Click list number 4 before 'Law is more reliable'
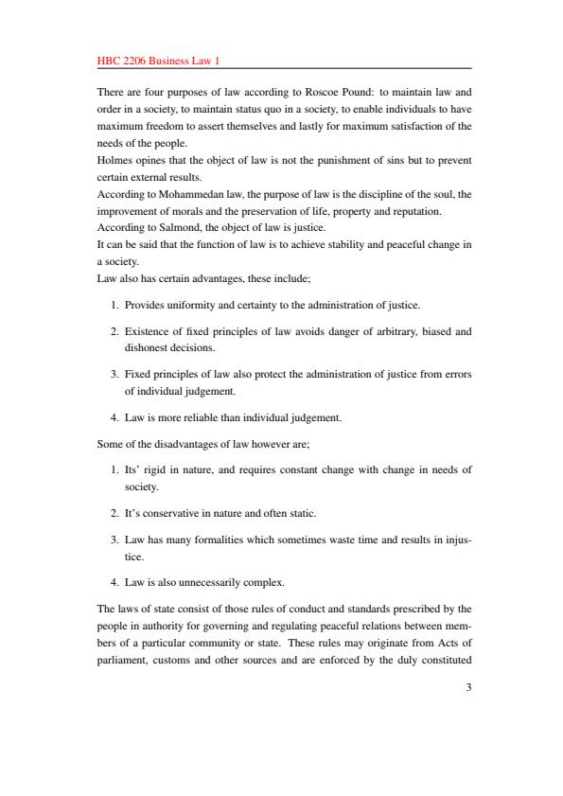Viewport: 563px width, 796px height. (x=114, y=417)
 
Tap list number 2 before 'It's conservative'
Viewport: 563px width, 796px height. (x=114, y=513)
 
